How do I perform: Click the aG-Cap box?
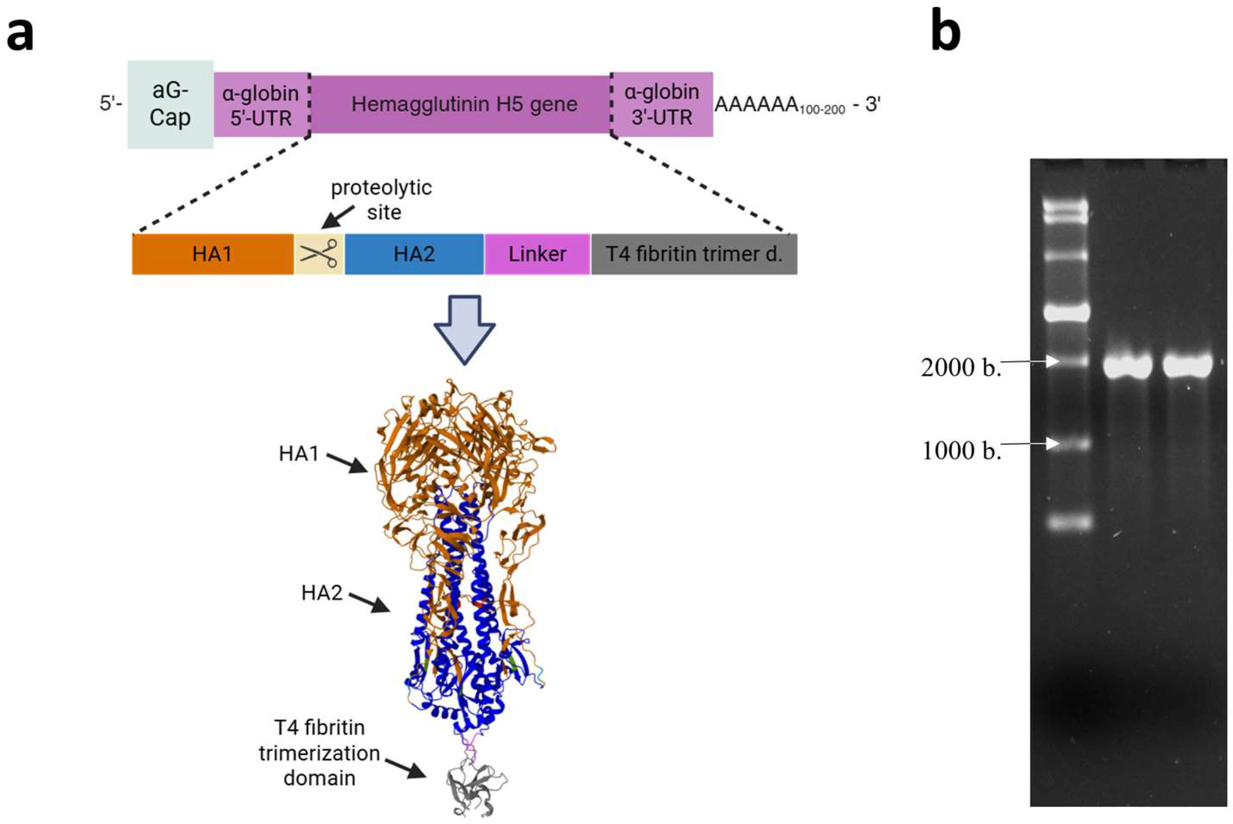170,104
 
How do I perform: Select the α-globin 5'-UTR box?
261,104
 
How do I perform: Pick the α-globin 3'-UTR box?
661,104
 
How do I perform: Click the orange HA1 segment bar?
212,254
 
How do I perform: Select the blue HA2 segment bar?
414,254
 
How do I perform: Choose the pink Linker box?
537,254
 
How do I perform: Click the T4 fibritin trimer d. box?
694,254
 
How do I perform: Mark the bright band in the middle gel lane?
1127,366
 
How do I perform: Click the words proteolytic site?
381,200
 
